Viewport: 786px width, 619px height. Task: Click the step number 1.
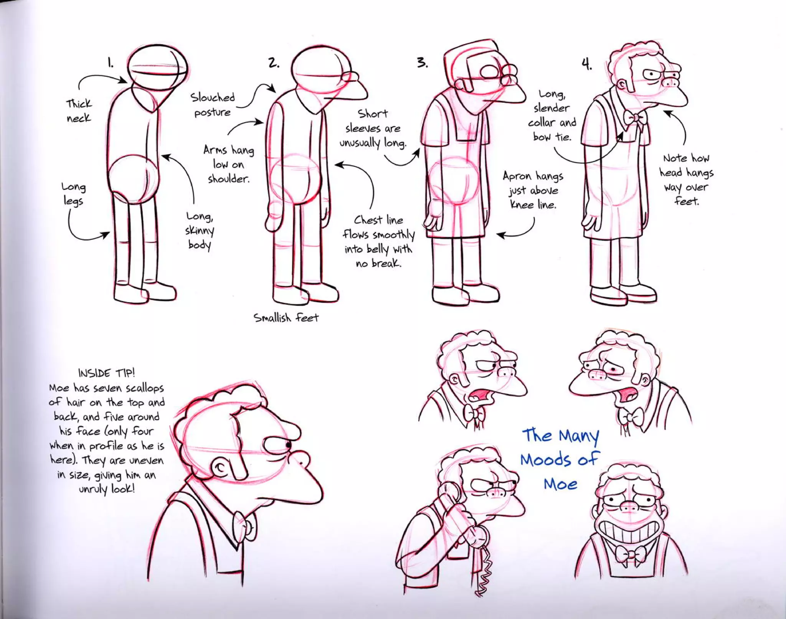click(x=110, y=63)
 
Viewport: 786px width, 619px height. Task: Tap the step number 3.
click(x=422, y=63)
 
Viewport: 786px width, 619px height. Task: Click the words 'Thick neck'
click(x=79, y=111)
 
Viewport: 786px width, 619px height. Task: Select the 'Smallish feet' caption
click(x=286, y=318)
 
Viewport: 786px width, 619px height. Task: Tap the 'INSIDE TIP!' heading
click(x=106, y=373)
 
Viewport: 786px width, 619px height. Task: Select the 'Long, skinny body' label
click(x=200, y=231)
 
